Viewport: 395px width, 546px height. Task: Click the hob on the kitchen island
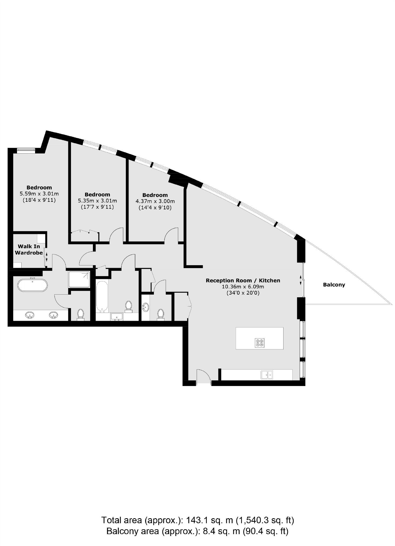click(259, 343)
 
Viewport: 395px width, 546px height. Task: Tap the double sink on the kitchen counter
click(267, 375)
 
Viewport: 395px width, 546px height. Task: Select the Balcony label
click(334, 285)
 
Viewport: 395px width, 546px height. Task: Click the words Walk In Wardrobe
click(29, 250)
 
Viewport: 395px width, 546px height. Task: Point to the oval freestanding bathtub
click(32, 285)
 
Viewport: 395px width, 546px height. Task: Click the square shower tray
click(79, 279)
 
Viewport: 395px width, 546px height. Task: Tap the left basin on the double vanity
click(29, 315)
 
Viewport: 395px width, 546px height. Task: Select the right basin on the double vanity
click(53, 315)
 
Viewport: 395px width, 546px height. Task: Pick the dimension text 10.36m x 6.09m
click(243, 286)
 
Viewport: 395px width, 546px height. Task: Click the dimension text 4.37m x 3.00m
click(155, 201)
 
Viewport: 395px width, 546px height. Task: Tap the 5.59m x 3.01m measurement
click(39, 194)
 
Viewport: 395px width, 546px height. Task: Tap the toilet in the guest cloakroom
click(161, 314)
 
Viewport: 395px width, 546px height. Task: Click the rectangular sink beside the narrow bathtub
click(117, 316)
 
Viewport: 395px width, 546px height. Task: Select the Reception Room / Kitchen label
click(243, 280)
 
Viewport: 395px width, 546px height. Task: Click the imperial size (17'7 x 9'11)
click(97, 207)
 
